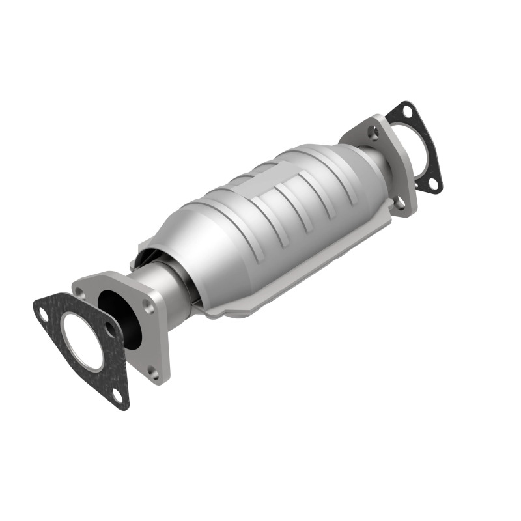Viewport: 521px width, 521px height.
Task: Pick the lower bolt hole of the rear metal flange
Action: tap(401, 203)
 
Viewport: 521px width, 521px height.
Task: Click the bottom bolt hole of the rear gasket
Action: tap(432, 184)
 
